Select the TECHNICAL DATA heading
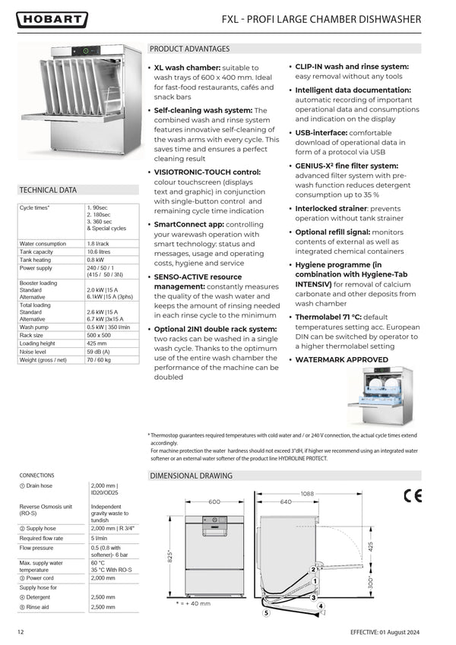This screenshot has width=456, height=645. tap(48, 190)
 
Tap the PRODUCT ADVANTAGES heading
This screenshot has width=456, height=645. tap(189, 49)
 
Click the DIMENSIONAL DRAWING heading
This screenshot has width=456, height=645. tap(191, 476)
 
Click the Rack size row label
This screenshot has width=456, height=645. tap(31, 335)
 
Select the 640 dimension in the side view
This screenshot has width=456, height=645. tap(286, 501)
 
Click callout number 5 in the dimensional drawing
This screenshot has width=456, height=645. tap(266, 612)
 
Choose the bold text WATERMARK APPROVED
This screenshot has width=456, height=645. tap(341, 359)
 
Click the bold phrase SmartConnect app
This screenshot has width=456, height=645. tap(188, 225)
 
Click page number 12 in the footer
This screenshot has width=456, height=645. tap(21, 632)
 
